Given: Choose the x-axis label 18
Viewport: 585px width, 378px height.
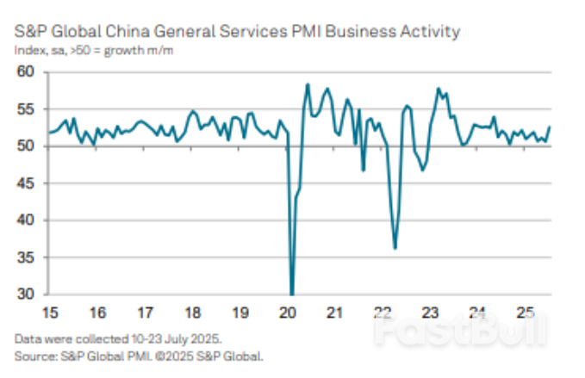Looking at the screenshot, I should point(193,312).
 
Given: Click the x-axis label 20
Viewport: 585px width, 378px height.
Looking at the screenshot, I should point(289,312).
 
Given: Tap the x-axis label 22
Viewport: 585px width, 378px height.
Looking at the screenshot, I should point(384,312).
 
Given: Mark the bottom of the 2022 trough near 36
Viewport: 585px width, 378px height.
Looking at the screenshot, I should point(395,248).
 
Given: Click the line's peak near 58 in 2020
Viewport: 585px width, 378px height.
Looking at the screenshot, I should point(308,84).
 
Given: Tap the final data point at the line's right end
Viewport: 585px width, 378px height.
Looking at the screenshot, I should point(550,127).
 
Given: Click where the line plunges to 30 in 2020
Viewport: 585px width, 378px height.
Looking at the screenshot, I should point(292,293).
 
